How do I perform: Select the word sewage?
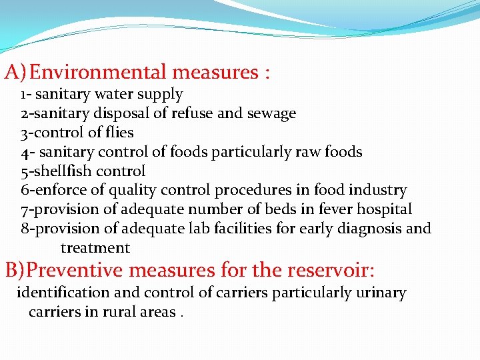[x=271, y=113]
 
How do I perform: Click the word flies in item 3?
[x=119, y=133]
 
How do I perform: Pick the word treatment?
[x=95, y=248]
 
